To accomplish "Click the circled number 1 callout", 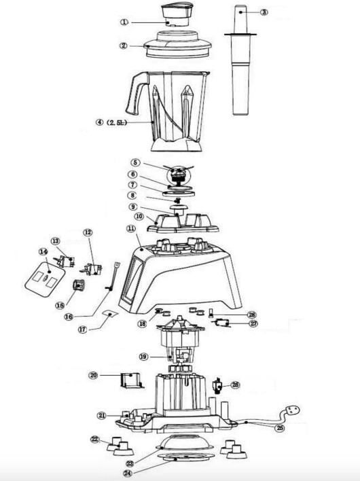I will pos(124,22).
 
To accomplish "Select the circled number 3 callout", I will pos(264,12).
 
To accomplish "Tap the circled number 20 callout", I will pos(93,374).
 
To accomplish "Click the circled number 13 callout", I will pos(55,241).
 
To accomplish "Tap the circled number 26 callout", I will pos(236,385).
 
